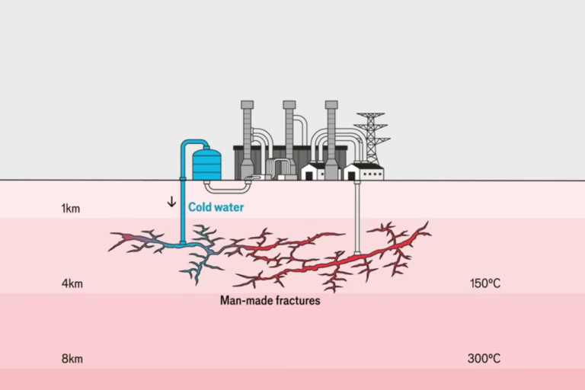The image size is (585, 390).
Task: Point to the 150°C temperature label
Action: coord(484,284)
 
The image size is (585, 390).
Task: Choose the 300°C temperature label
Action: coord(484,358)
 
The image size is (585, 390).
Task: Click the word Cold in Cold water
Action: coord(202,206)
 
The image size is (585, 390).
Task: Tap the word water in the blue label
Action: coord(230,206)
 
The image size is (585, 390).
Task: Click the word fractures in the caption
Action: coord(297,301)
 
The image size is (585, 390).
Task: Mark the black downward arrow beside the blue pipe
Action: coord(171,202)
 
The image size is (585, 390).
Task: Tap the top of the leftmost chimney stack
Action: coord(246,104)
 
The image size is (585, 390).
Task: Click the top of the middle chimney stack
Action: coord(289,104)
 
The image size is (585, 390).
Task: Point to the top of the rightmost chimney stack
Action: coord(331,104)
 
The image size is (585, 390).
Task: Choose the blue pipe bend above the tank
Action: coord(193,143)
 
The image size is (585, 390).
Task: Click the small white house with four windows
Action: coord(363,172)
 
